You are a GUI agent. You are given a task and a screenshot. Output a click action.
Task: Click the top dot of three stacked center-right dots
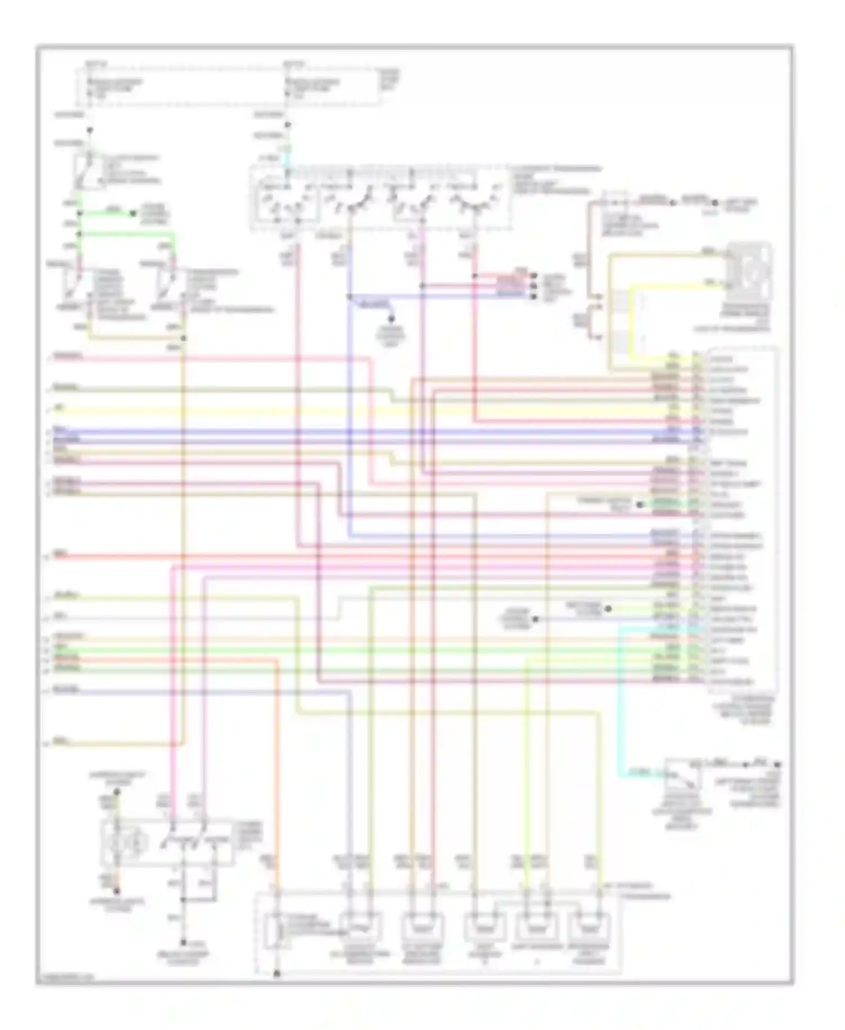tap(533, 276)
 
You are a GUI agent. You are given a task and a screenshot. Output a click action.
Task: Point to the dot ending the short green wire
tap(134, 214)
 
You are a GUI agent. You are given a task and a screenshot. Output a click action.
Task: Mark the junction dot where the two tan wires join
tap(184, 338)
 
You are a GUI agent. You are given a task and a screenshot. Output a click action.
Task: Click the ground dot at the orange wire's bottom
tap(277, 973)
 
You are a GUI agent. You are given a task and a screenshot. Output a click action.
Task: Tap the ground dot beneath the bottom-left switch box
tap(183, 943)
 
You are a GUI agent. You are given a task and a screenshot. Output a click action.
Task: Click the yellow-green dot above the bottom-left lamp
tap(117, 791)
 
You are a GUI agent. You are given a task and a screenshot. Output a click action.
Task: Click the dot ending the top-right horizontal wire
tap(714, 202)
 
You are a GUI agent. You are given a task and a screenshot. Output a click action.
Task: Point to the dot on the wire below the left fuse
tap(90, 130)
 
